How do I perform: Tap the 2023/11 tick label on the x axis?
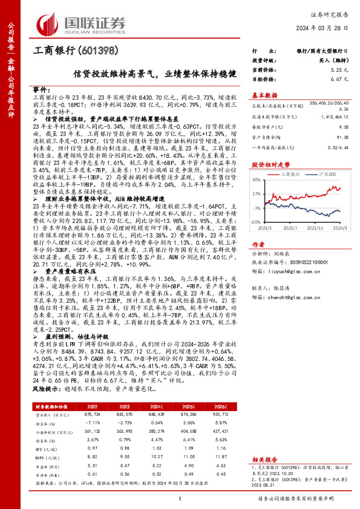click(x=315, y=229)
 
